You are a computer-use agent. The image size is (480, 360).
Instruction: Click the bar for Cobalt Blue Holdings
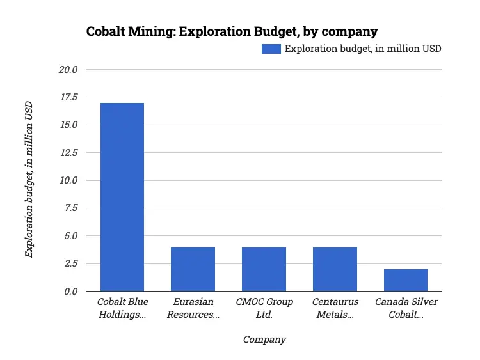coord(122,197)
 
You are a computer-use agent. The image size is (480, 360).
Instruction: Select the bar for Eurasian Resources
coord(193,269)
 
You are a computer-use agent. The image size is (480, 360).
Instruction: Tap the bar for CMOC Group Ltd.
coord(264,269)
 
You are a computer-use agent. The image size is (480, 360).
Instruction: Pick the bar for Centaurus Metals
coord(335,269)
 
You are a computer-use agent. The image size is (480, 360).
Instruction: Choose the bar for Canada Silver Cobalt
coord(406,280)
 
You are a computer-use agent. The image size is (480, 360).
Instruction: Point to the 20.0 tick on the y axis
coord(67,69)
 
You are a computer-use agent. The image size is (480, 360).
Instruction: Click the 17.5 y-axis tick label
coord(67,97)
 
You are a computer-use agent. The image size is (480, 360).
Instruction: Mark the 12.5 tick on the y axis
coord(67,153)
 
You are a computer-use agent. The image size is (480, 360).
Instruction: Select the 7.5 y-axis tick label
coord(69,208)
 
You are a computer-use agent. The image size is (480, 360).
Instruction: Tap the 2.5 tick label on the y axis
coord(69,263)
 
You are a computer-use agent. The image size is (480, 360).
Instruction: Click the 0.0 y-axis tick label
coord(69,292)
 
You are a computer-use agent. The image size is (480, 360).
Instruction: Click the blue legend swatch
coord(271,49)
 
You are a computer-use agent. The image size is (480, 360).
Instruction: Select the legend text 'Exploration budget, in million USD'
coord(363,49)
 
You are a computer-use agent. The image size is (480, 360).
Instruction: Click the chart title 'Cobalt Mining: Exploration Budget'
coord(232,31)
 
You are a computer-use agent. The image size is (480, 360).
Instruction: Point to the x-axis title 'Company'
coord(264,340)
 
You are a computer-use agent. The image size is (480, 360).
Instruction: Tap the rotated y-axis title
coord(29,180)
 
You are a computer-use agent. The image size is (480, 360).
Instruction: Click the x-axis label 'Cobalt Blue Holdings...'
coord(122,308)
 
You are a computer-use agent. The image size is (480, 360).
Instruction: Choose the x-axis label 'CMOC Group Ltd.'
coord(264,308)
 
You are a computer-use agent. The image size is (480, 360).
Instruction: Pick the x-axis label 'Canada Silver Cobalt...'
coord(406,308)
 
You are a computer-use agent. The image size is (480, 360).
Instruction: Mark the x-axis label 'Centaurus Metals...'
coord(335,308)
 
